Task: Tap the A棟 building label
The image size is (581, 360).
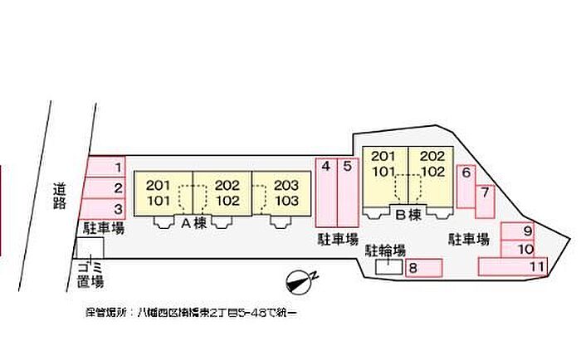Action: [193, 222]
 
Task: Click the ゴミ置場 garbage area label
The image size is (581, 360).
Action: [86, 275]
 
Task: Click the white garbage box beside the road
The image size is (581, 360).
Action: [89, 247]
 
